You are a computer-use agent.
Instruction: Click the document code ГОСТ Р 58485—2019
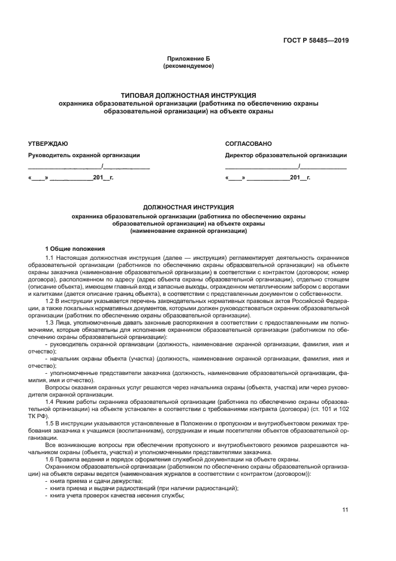click(x=316, y=41)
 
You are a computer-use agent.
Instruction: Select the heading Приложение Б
click(x=188, y=58)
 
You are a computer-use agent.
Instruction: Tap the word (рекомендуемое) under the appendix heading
click(x=188, y=65)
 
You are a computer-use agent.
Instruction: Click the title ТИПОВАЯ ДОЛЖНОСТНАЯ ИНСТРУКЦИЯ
click(x=188, y=95)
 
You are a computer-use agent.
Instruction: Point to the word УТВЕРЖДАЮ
click(x=48, y=143)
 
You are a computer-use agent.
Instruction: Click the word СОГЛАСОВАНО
click(x=248, y=143)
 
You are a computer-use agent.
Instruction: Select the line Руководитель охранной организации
click(x=84, y=155)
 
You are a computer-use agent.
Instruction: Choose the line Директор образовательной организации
click(x=286, y=155)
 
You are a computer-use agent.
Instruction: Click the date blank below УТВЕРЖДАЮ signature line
click(x=70, y=179)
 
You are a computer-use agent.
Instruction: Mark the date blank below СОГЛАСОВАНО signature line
click(x=267, y=179)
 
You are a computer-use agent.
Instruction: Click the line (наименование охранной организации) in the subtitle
click(x=188, y=231)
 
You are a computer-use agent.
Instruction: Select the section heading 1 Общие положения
click(x=75, y=248)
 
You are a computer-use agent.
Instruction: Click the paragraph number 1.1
click(x=50, y=257)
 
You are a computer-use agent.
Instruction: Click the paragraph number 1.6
click(x=50, y=459)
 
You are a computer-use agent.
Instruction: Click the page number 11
click(x=345, y=509)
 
